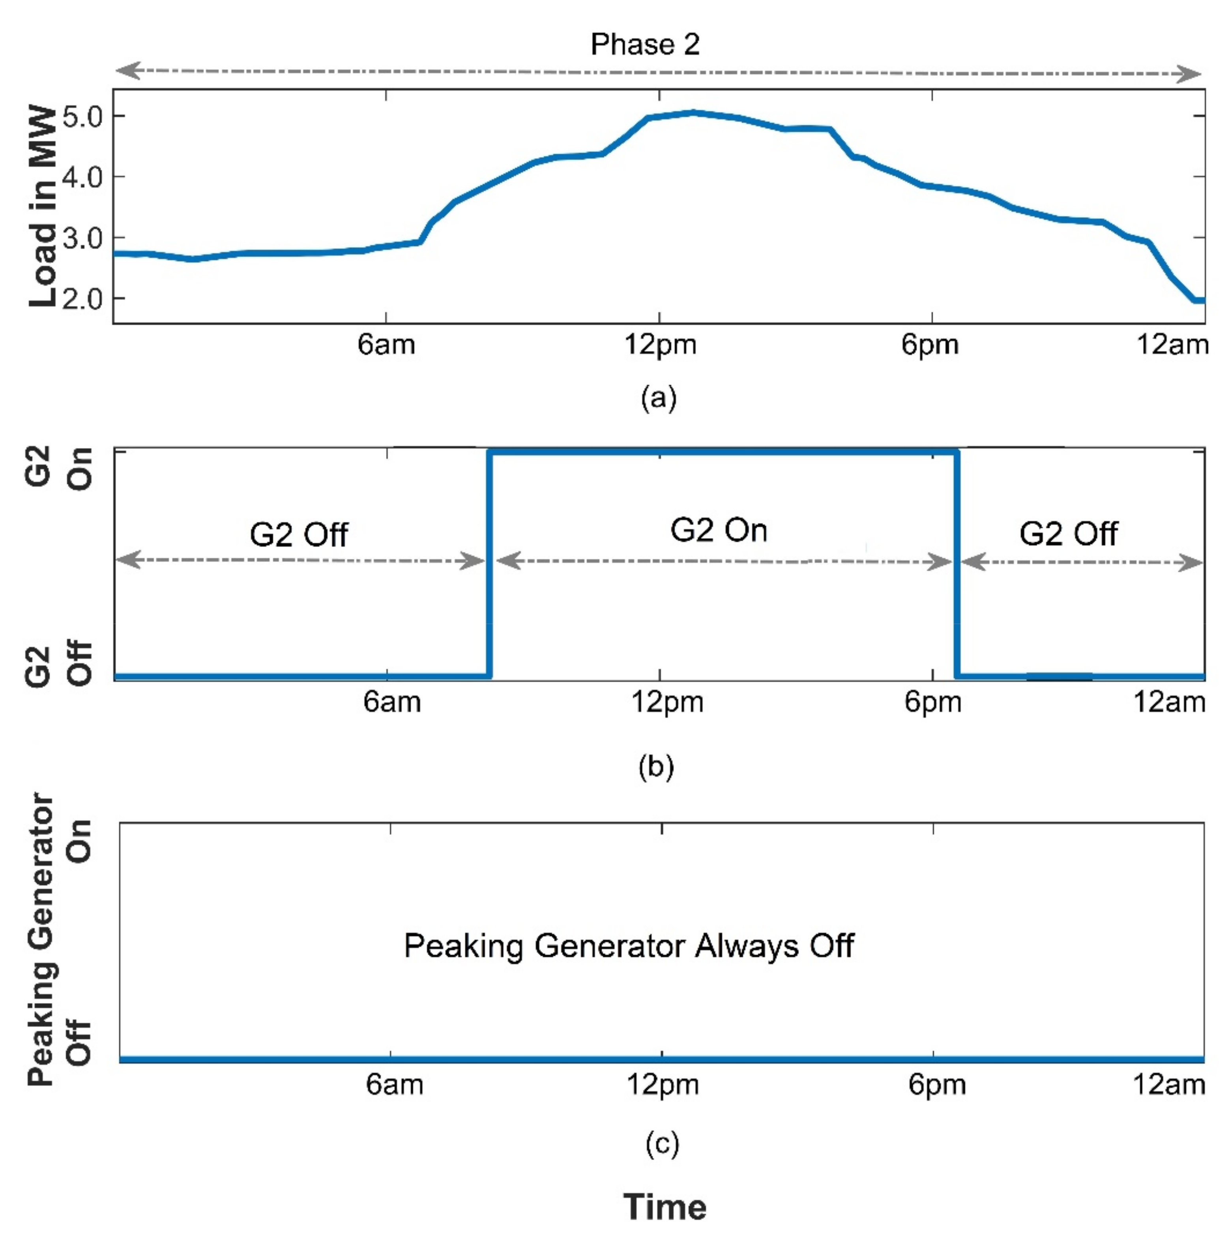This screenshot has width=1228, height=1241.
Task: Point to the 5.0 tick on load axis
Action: tap(82, 117)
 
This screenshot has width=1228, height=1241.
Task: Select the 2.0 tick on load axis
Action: tap(82, 299)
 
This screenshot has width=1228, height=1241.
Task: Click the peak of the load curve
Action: tap(693, 113)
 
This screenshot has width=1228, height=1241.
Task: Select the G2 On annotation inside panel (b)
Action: tap(718, 531)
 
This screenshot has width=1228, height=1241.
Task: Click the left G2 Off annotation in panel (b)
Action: tap(299, 534)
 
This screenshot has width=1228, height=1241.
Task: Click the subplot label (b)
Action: tap(656, 766)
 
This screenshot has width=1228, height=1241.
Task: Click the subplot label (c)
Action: tap(661, 1144)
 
